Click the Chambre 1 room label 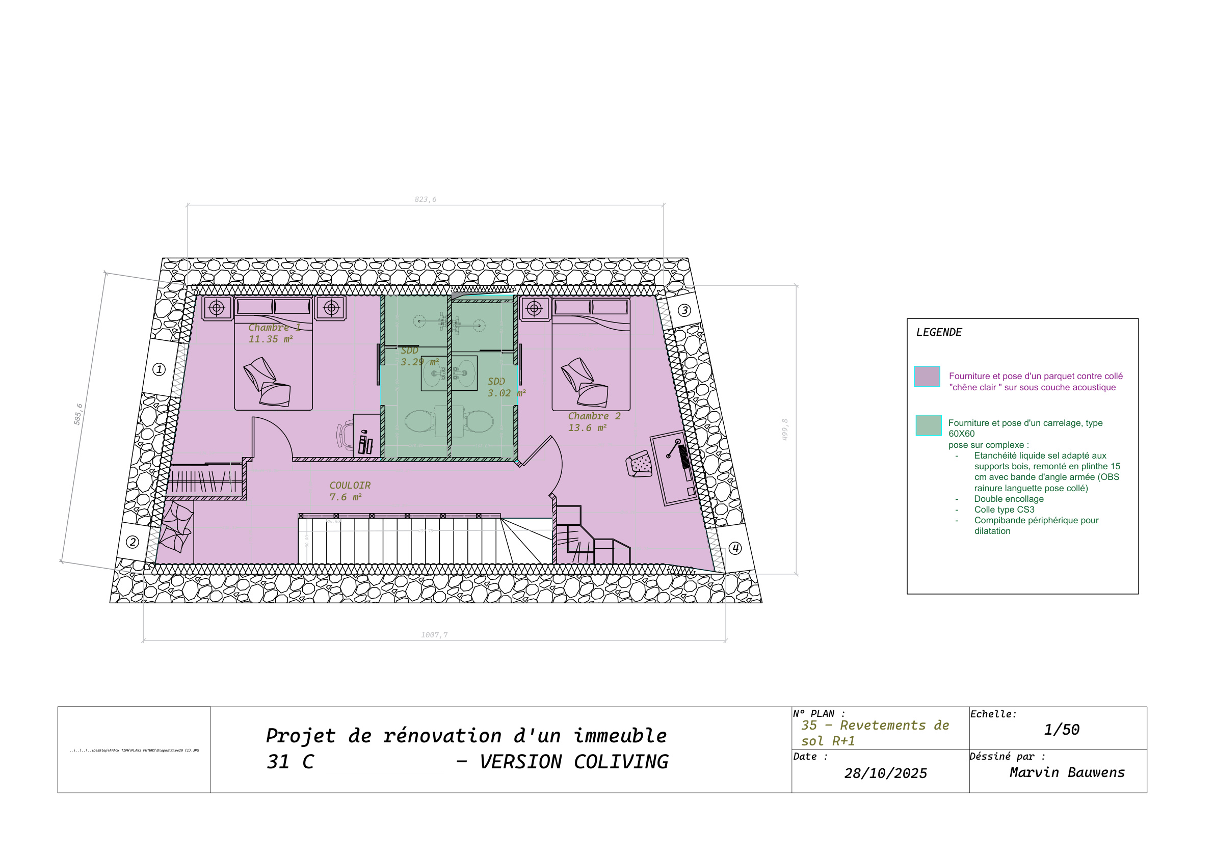[x=274, y=328]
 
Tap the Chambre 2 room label [x=594, y=417]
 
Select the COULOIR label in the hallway [x=350, y=486]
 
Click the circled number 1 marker [x=159, y=369]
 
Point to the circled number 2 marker [x=133, y=542]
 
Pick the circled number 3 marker [x=684, y=310]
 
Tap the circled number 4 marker [x=735, y=548]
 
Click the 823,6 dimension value [x=425, y=199]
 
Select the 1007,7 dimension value [x=434, y=635]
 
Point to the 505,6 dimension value [x=78, y=414]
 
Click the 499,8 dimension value [x=785, y=430]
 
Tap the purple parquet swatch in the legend [x=927, y=377]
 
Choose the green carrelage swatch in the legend [x=929, y=425]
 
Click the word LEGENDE [x=939, y=332]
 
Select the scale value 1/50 [x=1061, y=730]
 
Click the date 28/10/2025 [x=886, y=773]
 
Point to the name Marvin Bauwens [x=1067, y=772]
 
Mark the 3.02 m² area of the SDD [x=506, y=393]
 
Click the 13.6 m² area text [x=587, y=428]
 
